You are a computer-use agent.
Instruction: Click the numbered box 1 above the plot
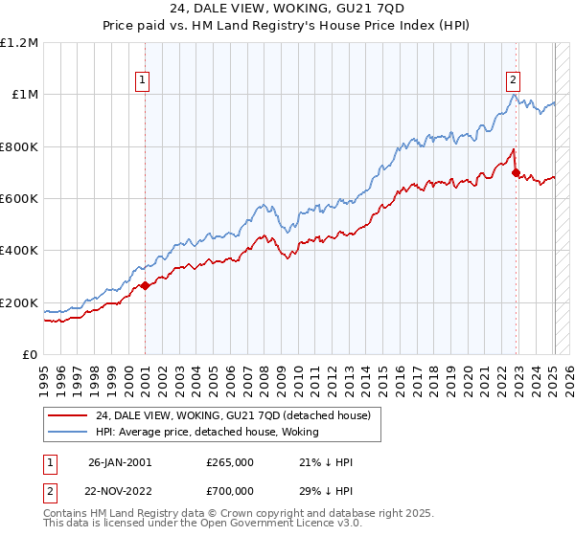142,80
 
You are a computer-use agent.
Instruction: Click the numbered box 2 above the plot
514,80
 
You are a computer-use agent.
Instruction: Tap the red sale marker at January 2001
145,285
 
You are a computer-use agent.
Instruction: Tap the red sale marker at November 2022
517,173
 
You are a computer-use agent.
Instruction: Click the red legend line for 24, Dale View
67,414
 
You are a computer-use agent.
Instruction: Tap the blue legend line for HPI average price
67,431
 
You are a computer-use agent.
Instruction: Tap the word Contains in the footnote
65,514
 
